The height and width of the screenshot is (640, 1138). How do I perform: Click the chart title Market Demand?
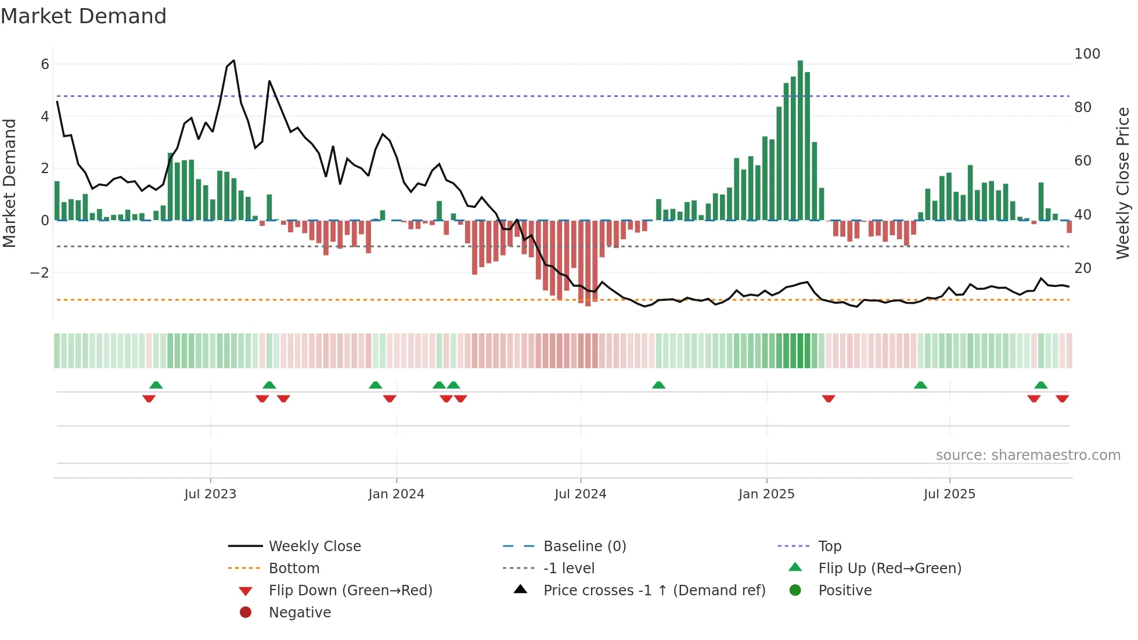tap(84, 16)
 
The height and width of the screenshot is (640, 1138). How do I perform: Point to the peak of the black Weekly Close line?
tap(233, 60)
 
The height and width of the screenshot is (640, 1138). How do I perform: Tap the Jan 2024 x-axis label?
tap(396, 494)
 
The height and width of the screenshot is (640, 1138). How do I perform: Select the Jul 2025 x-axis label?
tap(949, 494)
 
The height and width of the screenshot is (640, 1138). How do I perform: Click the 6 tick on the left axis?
tap(45, 64)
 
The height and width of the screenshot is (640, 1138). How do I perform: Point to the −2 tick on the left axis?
tap(39, 273)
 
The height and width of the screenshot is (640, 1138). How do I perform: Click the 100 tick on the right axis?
tap(1087, 54)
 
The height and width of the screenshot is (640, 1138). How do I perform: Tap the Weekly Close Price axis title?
tap(1123, 183)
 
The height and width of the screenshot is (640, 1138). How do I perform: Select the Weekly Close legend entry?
tap(314, 546)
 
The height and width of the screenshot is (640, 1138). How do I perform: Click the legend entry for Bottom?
tap(294, 569)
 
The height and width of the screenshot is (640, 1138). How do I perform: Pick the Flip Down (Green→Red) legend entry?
tap(350, 591)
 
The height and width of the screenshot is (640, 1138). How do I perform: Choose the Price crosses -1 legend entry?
tap(654, 591)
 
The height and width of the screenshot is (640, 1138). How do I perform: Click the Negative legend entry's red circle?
tap(246, 613)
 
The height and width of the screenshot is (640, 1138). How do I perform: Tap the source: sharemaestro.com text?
tap(1028, 455)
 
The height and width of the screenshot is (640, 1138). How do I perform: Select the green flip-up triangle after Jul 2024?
tap(658, 385)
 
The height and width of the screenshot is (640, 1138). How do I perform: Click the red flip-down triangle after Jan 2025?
tap(829, 398)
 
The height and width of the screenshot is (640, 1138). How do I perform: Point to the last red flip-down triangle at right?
tap(1062, 398)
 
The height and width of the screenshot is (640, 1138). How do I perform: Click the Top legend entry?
tap(829, 546)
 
